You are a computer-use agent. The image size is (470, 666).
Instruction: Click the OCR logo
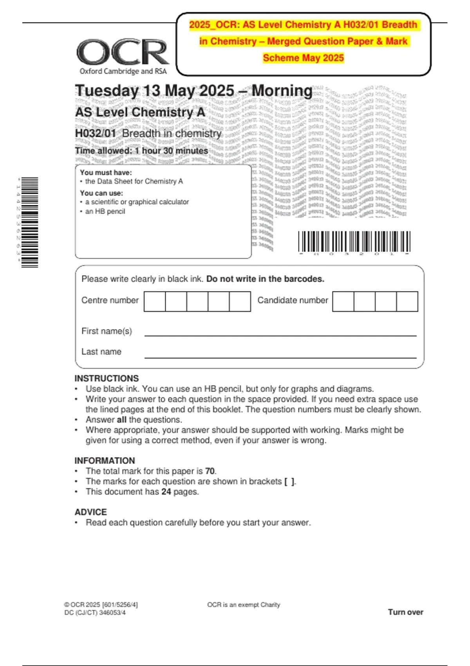123,52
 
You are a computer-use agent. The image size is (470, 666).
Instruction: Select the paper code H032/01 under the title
96,134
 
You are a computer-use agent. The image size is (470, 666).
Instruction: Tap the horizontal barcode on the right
354,242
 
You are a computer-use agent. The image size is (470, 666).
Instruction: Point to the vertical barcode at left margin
30,223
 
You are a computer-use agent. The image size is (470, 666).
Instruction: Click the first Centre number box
155,301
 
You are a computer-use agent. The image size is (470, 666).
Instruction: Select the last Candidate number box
407,301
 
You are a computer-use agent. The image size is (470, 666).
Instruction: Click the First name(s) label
107,331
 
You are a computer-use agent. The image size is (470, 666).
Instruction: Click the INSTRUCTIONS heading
107,378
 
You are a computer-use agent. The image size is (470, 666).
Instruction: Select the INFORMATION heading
105,461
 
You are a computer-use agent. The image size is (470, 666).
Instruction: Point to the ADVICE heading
90,512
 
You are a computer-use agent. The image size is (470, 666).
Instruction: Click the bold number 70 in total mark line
210,471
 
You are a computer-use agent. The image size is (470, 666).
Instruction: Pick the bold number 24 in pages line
166,492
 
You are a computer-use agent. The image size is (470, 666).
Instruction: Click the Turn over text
405,612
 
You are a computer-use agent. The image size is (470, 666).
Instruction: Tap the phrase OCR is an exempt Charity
244,604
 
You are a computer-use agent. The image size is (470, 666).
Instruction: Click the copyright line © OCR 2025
101,604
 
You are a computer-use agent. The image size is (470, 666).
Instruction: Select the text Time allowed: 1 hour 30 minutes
141,151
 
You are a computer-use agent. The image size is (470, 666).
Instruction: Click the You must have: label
106,172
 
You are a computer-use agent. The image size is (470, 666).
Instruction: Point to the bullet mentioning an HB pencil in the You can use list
105,212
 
